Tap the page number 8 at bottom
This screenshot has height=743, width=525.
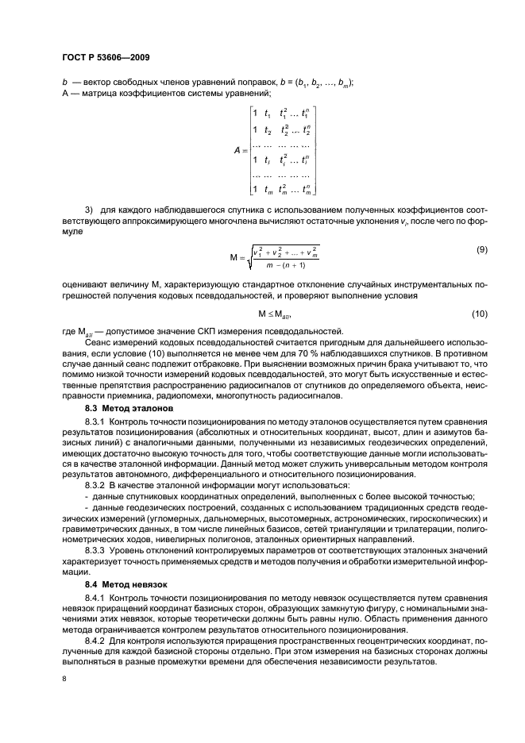(64, 679)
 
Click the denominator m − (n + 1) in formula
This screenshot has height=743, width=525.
(285, 264)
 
